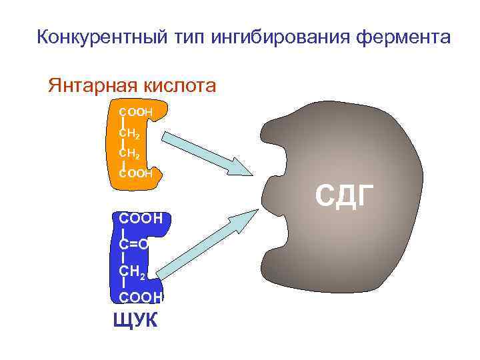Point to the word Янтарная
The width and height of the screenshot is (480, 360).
90,85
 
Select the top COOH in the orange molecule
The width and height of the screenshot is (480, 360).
136,111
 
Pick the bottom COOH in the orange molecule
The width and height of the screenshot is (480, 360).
136,173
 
